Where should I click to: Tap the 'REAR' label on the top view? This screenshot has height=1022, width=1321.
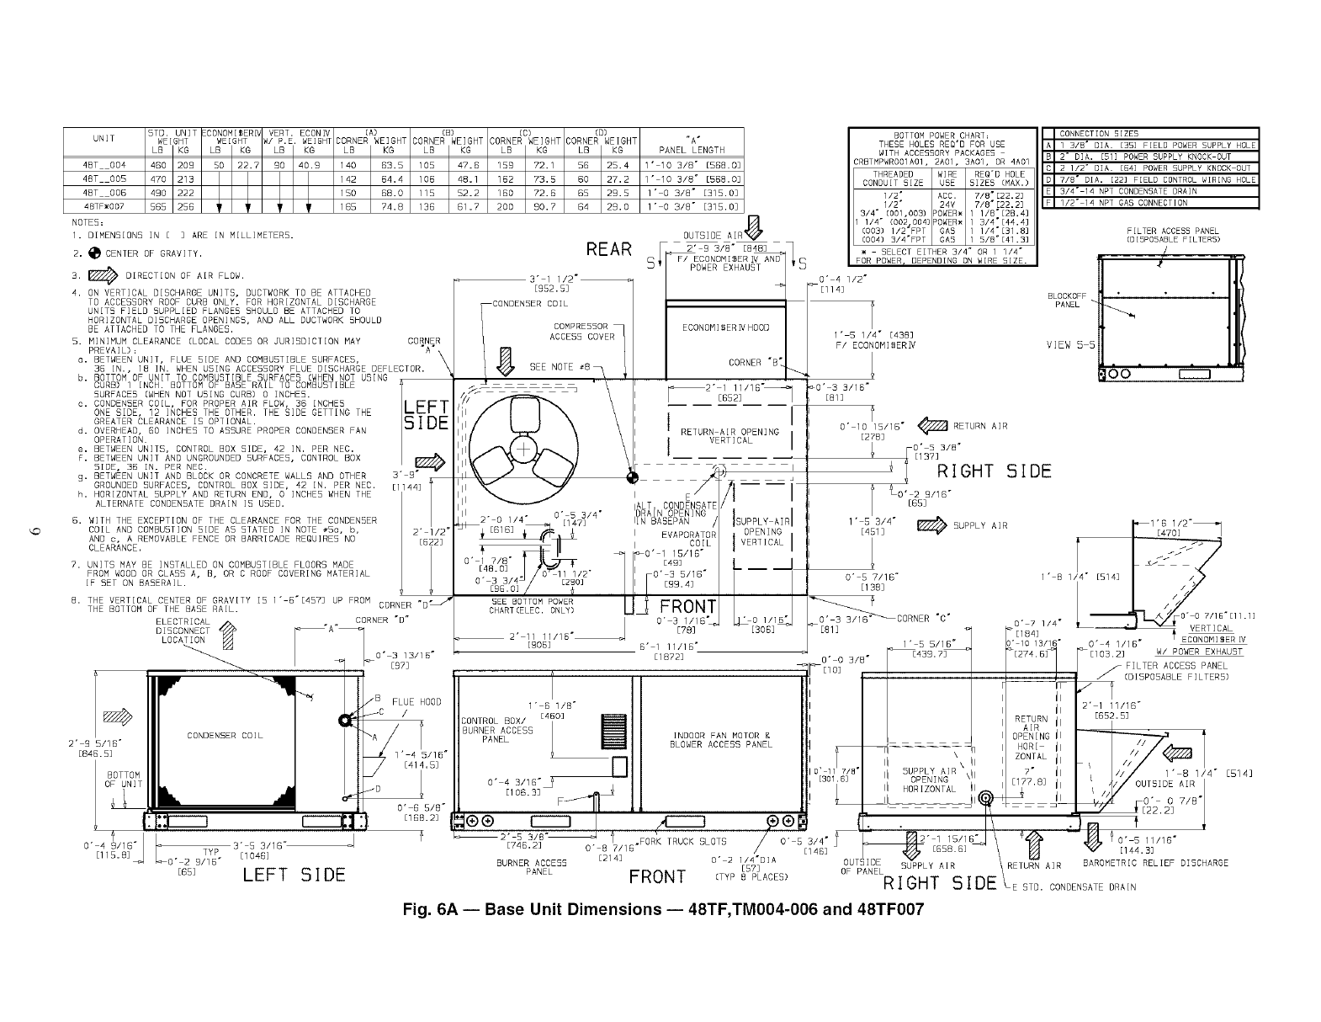point(609,250)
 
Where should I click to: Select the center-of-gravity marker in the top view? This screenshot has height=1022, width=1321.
point(633,477)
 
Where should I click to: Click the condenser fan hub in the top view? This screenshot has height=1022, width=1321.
point(523,448)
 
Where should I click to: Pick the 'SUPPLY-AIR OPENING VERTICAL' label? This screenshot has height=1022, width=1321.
point(762,532)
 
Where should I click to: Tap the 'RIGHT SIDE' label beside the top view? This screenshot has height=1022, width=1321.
point(995,471)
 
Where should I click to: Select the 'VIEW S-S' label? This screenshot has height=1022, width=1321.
point(1069,344)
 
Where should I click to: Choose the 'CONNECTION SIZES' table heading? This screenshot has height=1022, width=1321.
point(1098,134)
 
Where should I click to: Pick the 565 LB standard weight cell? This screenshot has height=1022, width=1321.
point(157,206)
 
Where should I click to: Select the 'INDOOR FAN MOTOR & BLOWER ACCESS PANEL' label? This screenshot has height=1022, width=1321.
point(720,740)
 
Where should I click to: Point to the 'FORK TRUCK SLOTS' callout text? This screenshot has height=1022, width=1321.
point(680,842)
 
